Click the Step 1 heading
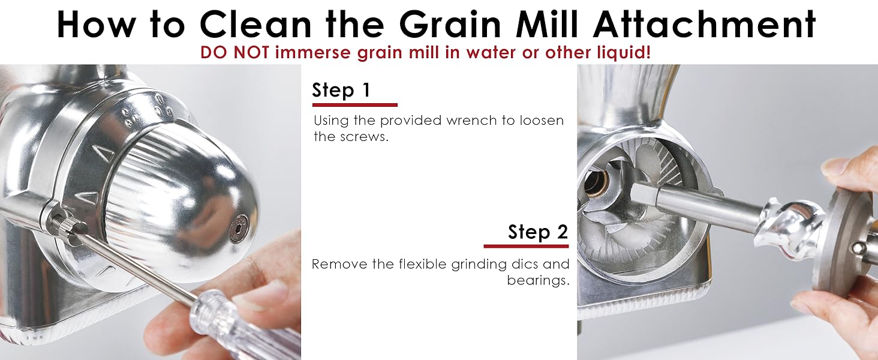[341, 90]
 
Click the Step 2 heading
[538, 232]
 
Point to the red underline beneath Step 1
[354, 105]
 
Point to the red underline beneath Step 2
[526, 246]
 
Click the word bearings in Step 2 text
[537, 280]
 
